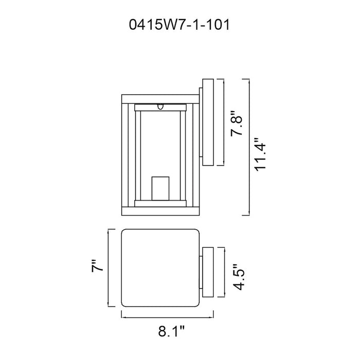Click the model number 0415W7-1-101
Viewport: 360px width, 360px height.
[x=179, y=25]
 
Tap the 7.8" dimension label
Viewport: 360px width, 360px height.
[x=237, y=123]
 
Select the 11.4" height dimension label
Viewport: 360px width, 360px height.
[x=260, y=154]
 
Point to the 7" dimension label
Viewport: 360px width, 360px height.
[x=97, y=266]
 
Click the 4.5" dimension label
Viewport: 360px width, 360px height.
[x=238, y=277]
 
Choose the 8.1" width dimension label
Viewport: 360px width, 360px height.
[x=171, y=331]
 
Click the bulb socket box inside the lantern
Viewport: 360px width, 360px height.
[x=160, y=189]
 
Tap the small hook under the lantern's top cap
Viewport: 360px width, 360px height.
[x=160, y=107]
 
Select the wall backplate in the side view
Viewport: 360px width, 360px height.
[x=208, y=122]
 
